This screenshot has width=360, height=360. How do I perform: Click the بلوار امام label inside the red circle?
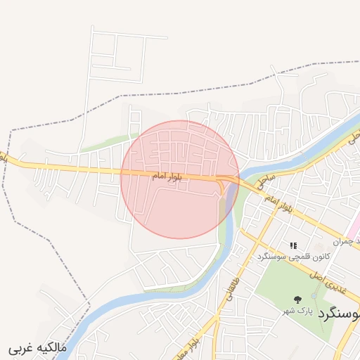tap(167, 177)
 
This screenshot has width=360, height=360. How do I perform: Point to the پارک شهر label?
tap(297, 310)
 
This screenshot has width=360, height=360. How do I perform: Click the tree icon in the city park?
tap(297, 299)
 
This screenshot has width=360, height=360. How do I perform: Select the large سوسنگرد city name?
tap(339, 312)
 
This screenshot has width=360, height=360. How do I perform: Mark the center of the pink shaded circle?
tap(180, 179)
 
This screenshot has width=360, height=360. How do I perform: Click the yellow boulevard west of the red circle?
tap(70, 169)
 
